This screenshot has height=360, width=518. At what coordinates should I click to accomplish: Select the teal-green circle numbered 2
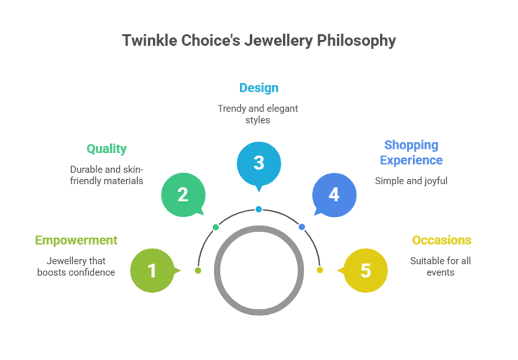pos(183,195)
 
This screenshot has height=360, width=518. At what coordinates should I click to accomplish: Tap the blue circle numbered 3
pos(258,163)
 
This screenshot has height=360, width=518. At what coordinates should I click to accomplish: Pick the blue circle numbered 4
pos(334,195)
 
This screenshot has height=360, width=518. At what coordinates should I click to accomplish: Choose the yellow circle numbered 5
pos(365,270)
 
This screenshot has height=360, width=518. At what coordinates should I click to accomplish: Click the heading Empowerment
pos(76,240)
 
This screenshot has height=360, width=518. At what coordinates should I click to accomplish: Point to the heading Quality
pos(106,149)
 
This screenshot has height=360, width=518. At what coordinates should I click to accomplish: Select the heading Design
pos(258,88)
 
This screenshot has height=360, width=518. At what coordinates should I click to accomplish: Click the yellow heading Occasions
pos(441,240)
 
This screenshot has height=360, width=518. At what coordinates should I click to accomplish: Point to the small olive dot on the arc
pos(198,270)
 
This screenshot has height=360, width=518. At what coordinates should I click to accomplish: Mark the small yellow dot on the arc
pos(320,270)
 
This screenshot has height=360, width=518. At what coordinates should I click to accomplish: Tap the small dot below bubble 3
pos(258,209)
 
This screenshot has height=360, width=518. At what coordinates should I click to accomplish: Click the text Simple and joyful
pos(411,181)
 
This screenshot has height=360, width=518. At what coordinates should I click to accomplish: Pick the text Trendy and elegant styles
pos(258,114)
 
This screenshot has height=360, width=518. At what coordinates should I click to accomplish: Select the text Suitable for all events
pos(440,266)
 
